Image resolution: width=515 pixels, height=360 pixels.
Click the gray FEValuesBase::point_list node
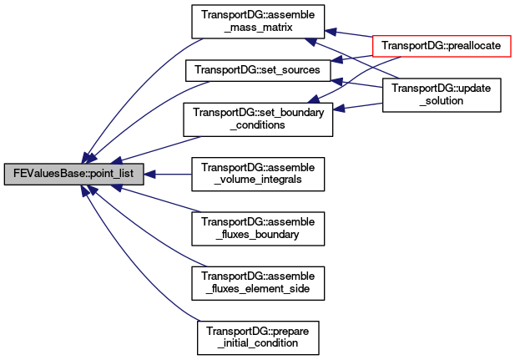click(x=74, y=175)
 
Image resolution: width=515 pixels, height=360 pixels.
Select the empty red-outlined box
click(x=441, y=47)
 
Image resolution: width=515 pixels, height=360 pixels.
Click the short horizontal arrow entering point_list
click(x=171, y=175)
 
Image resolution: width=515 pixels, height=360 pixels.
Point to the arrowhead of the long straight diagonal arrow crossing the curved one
click(x=309, y=40)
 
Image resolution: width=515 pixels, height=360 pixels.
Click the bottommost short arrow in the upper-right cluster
click(x=359, y=106)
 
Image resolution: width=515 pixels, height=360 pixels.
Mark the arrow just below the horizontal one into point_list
click(x=159, y=199)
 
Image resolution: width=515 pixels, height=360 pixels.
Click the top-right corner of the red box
click(x=510, y=37)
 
